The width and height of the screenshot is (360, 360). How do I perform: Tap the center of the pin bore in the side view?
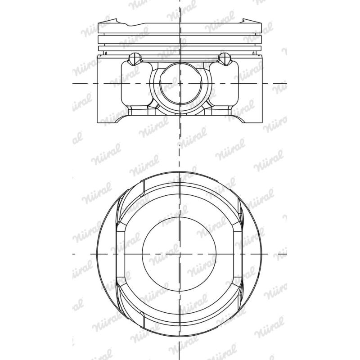[180, 84]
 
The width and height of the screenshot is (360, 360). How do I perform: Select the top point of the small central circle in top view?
[180, 216]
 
